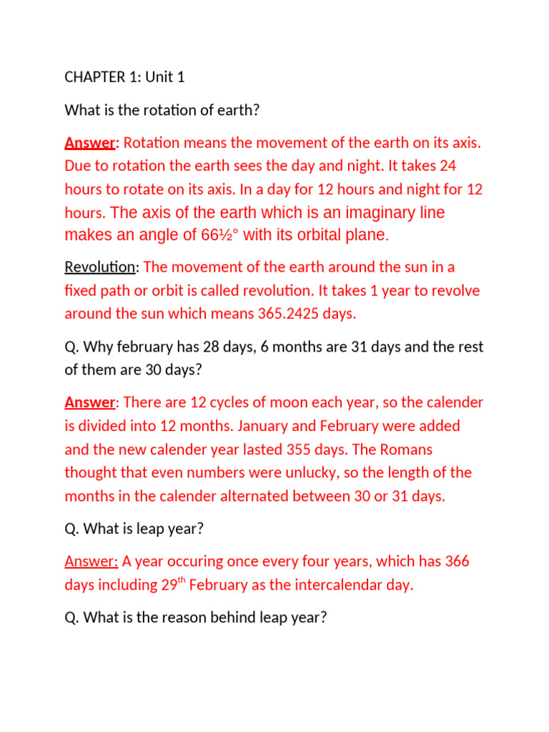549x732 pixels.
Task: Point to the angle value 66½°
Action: pos(216,234)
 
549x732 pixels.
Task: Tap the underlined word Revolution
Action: pos(99,267)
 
